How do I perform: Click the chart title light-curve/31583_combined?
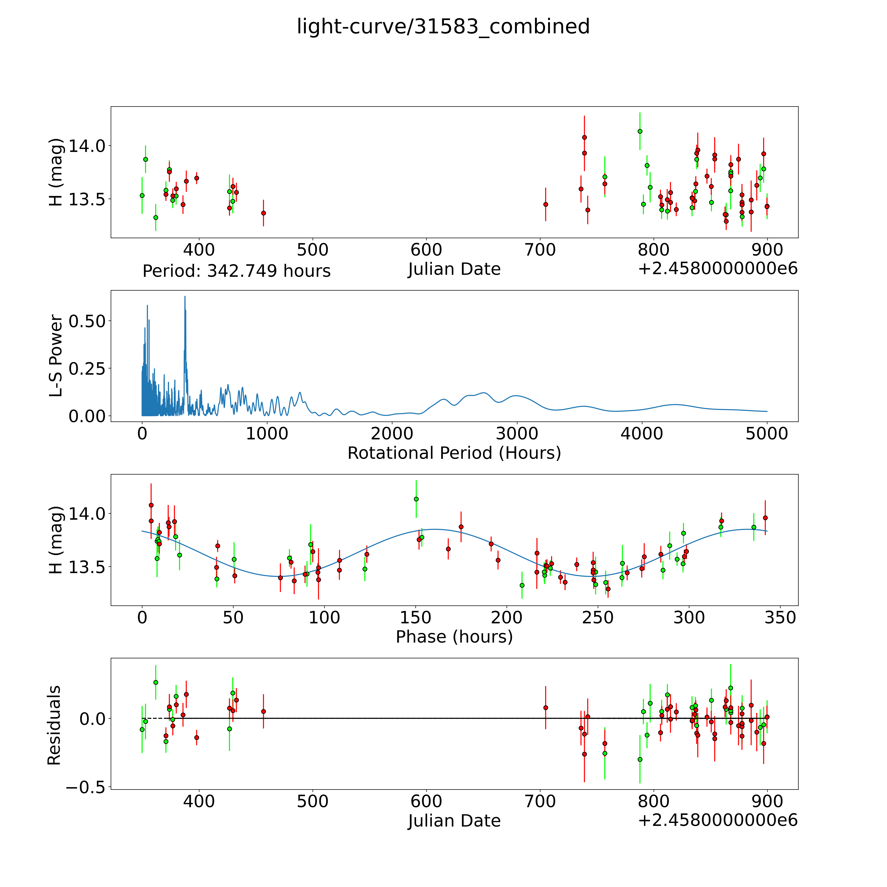443,27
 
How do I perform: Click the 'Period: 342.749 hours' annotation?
236,271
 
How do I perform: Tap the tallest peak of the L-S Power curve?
185,297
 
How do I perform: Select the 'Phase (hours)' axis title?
454,637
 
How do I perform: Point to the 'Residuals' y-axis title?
54,725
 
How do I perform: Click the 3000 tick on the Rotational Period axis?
517,434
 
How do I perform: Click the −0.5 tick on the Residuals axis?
85,788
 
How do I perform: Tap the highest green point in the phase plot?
416,499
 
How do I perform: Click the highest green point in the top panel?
639,131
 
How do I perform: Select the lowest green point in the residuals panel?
639,759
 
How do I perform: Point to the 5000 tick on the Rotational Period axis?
767,434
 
